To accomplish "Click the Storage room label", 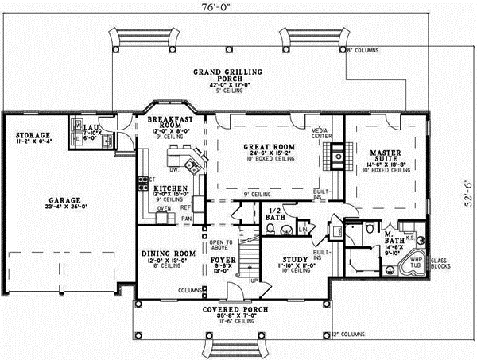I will (x=33, y=136).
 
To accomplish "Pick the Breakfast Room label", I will (x=166, y=122).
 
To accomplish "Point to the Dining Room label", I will (x=165, y=254).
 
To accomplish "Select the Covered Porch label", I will (x=234, y=308).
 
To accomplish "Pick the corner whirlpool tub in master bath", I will (x=413, y=262).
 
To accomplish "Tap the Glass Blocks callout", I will (x=439, y=264).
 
